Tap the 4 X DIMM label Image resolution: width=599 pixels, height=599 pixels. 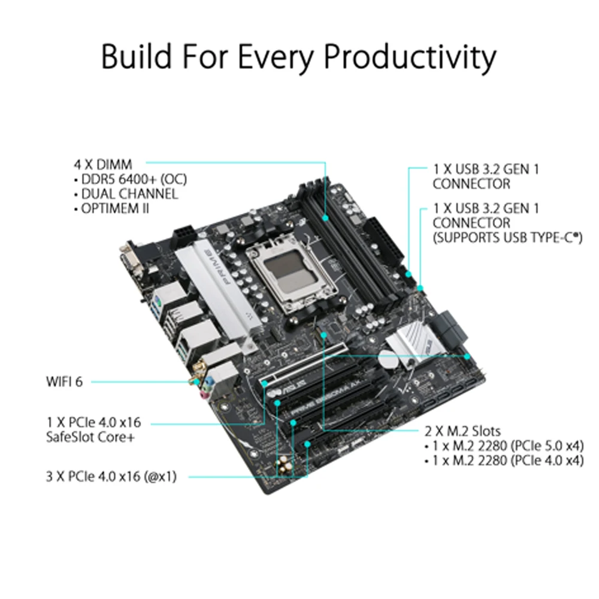tap(103, 163)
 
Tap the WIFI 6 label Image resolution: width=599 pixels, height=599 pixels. tap(64, 381)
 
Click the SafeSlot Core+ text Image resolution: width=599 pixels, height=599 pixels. tap(90, 437)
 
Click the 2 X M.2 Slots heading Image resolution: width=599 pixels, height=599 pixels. tap(462, 431)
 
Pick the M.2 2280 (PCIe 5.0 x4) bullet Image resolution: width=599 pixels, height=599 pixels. tap(507, 446)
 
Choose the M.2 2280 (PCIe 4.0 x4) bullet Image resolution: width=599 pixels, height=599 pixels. tap(507, 461)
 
